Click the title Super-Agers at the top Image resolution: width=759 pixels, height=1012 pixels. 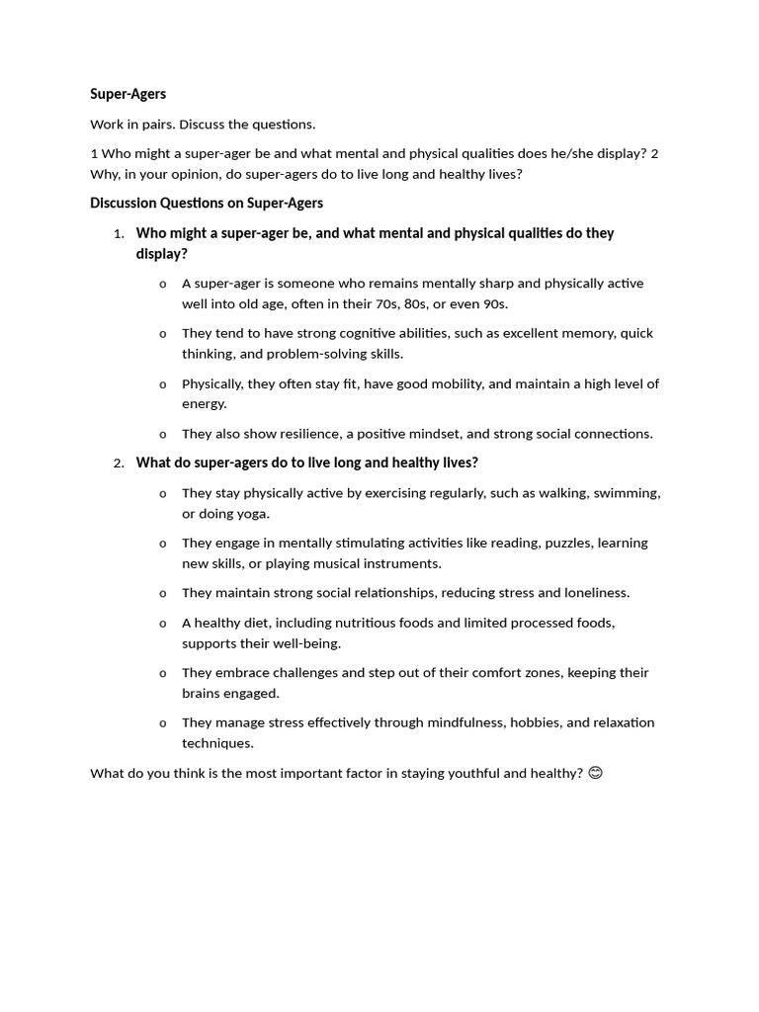point(127,94)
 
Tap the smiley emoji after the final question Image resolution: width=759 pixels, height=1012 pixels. point(595,773)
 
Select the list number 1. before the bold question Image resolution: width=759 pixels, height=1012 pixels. point(118,234)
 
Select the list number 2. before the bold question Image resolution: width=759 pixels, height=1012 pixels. point(118,464)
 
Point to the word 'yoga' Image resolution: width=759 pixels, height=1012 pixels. point(252,514)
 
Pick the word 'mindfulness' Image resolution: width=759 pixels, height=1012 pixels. point(465,722)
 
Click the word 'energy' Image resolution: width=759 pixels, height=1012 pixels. point(204,404)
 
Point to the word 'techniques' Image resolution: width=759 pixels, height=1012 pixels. point(217,743)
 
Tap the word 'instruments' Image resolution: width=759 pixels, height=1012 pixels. point(402,563)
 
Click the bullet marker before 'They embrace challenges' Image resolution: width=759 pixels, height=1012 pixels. point(163,674)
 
